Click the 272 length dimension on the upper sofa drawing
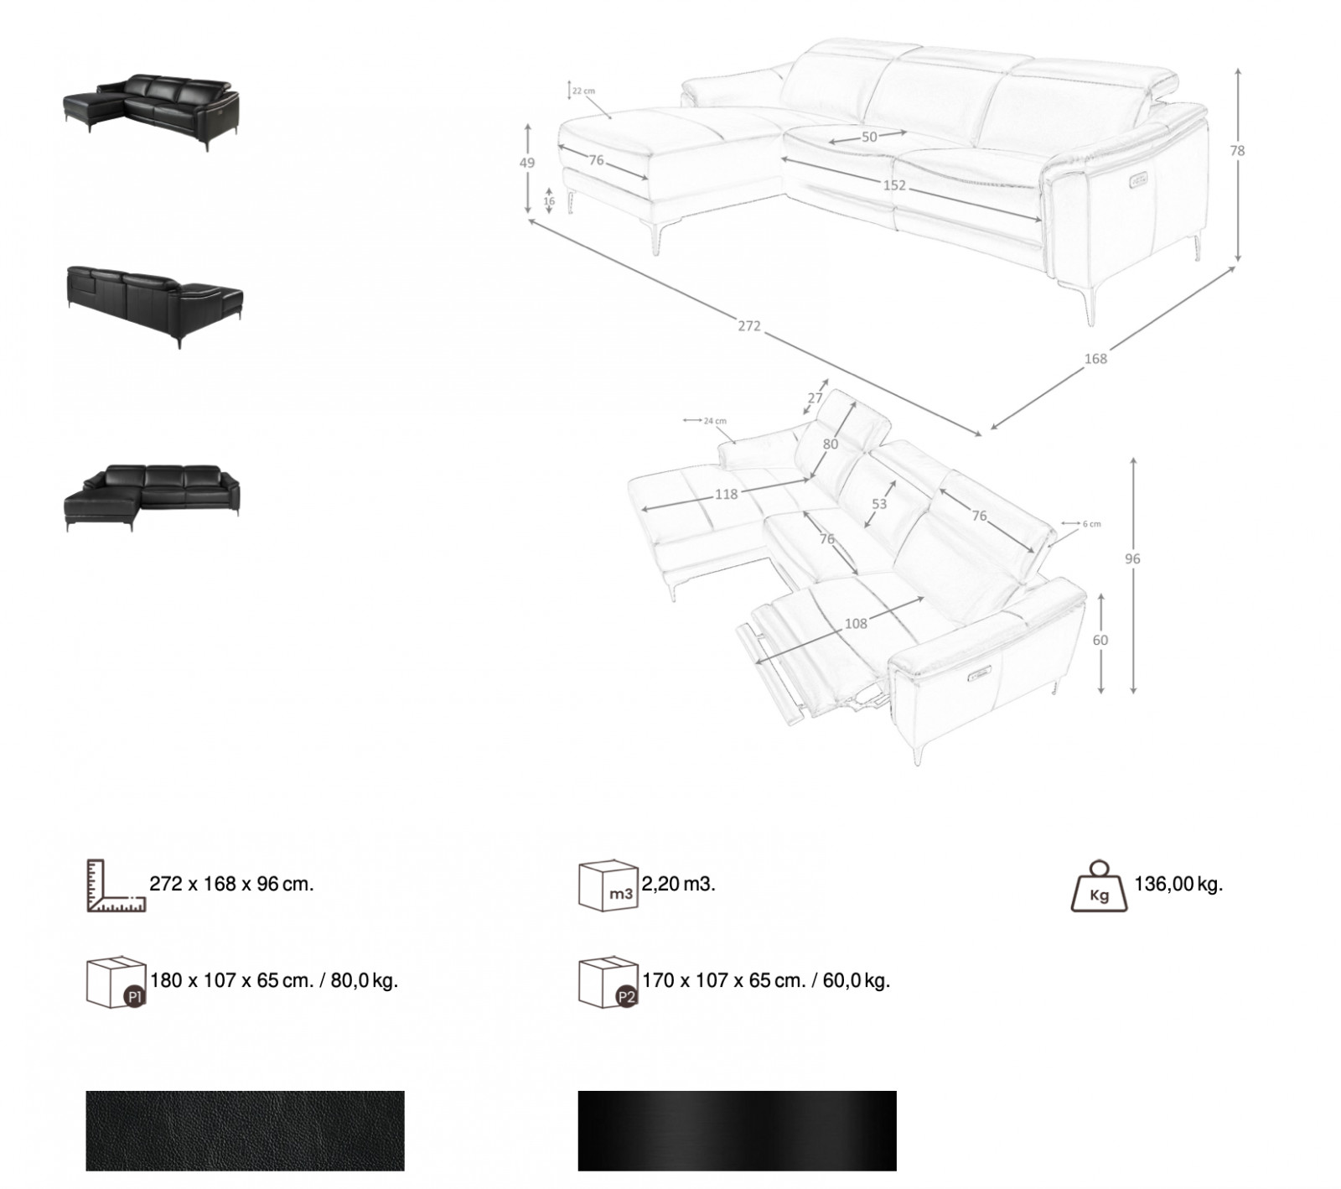pyautogui.click(x=749, y=325)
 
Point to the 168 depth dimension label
pyautogui.click(x=1095, y=359)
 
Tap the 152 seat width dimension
pyautogui.click(x=894, y=185)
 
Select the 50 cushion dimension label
pyautogui.click(x=869, y=137)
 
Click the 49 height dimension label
pyautogui.click(x=526, y=164)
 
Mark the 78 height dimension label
pyautogui.click(x=1237, y=151)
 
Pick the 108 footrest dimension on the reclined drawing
pyautogui.click(x=856, y=623)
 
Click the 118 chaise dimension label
pyautogui.click(x=726, y=495)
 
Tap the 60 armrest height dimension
pyautogui.click(x=1100, y=641)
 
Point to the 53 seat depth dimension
pyautogui.click(x=878, y=504)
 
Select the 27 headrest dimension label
pyautogui.click(x=815, y=398)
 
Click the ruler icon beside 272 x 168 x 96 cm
pyautogui.click(x=116, y=885)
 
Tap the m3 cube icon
pyautogui.click(x=608, y=885)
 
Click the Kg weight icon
pyautogui.click(x=1099, y=885)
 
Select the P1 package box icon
pyautogui.click(x=116, y=981)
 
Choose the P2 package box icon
pyautogui.click(x=608, y=981)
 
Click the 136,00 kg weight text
pyautogui.click(x=1178, y=884)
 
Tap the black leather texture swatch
pyautogui.click(x=245, y=1130)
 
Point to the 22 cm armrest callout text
pyautogui.click(x=583, y=91)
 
